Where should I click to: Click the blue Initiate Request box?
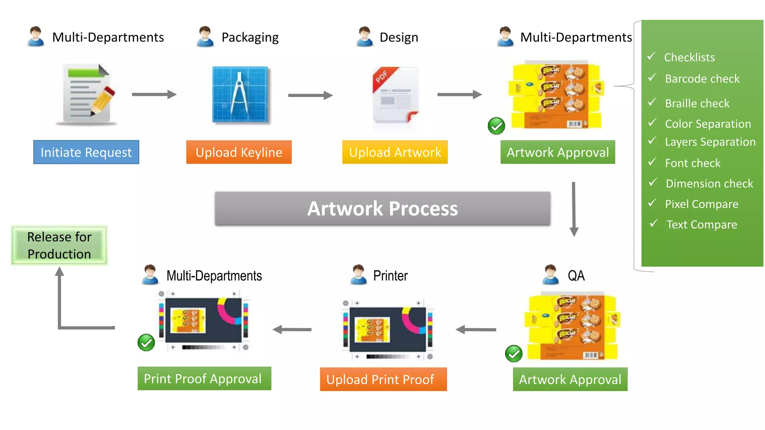coord(86,152)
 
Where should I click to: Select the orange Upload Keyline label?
coord(239,152)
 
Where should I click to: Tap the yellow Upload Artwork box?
coord(395,152)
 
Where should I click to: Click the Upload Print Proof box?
coord(383,379)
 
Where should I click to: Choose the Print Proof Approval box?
coord(204,378)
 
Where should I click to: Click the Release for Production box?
coord(59,246)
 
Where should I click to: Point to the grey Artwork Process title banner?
coord(382,209)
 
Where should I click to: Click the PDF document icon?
coord(396,95)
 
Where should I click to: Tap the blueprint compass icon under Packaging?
coord(240,95)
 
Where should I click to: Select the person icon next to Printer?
coord(359,275)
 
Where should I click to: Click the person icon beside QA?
coord(550,275)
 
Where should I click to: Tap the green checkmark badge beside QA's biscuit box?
coord(514,353)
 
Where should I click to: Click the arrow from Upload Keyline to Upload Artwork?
coord(310,96)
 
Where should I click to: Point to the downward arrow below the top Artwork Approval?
coord(574,209)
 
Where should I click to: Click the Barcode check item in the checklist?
coord(702,79)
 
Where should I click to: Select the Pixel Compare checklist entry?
coord(701,204)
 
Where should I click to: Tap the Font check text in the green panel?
coord(692,163)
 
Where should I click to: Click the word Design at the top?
coord(399,37)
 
